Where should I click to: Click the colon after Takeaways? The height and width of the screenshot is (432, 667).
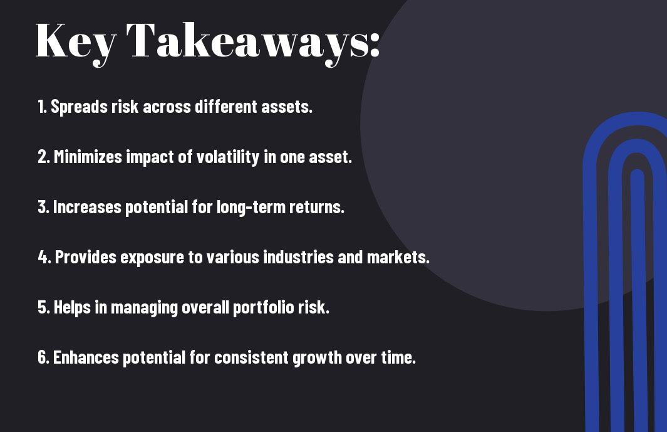point(375,46)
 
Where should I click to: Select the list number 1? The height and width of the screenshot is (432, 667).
point(41,107)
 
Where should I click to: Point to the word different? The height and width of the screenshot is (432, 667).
point(226,107)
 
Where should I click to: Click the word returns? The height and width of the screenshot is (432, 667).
point(317,208)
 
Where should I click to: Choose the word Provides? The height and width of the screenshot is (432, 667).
point(86,257)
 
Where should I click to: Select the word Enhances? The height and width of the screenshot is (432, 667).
point(86,357)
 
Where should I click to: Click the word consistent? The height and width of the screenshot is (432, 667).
point(251,357)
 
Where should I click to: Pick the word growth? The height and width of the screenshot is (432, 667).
point(318,358)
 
